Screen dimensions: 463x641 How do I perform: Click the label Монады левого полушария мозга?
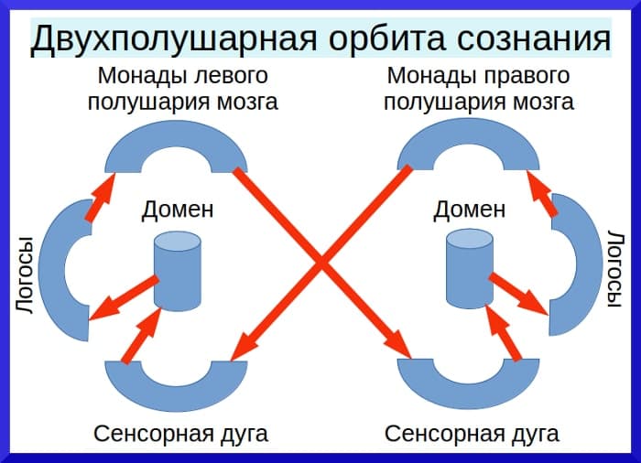click(183, 88)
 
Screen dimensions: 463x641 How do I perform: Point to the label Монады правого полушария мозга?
click(479, 88)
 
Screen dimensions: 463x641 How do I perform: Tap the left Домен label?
click(178, 210)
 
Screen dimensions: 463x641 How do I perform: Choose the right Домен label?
click(469, 210)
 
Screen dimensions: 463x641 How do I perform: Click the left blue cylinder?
click(177, 272)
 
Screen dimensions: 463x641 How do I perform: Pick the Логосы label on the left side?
click(26, 275)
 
